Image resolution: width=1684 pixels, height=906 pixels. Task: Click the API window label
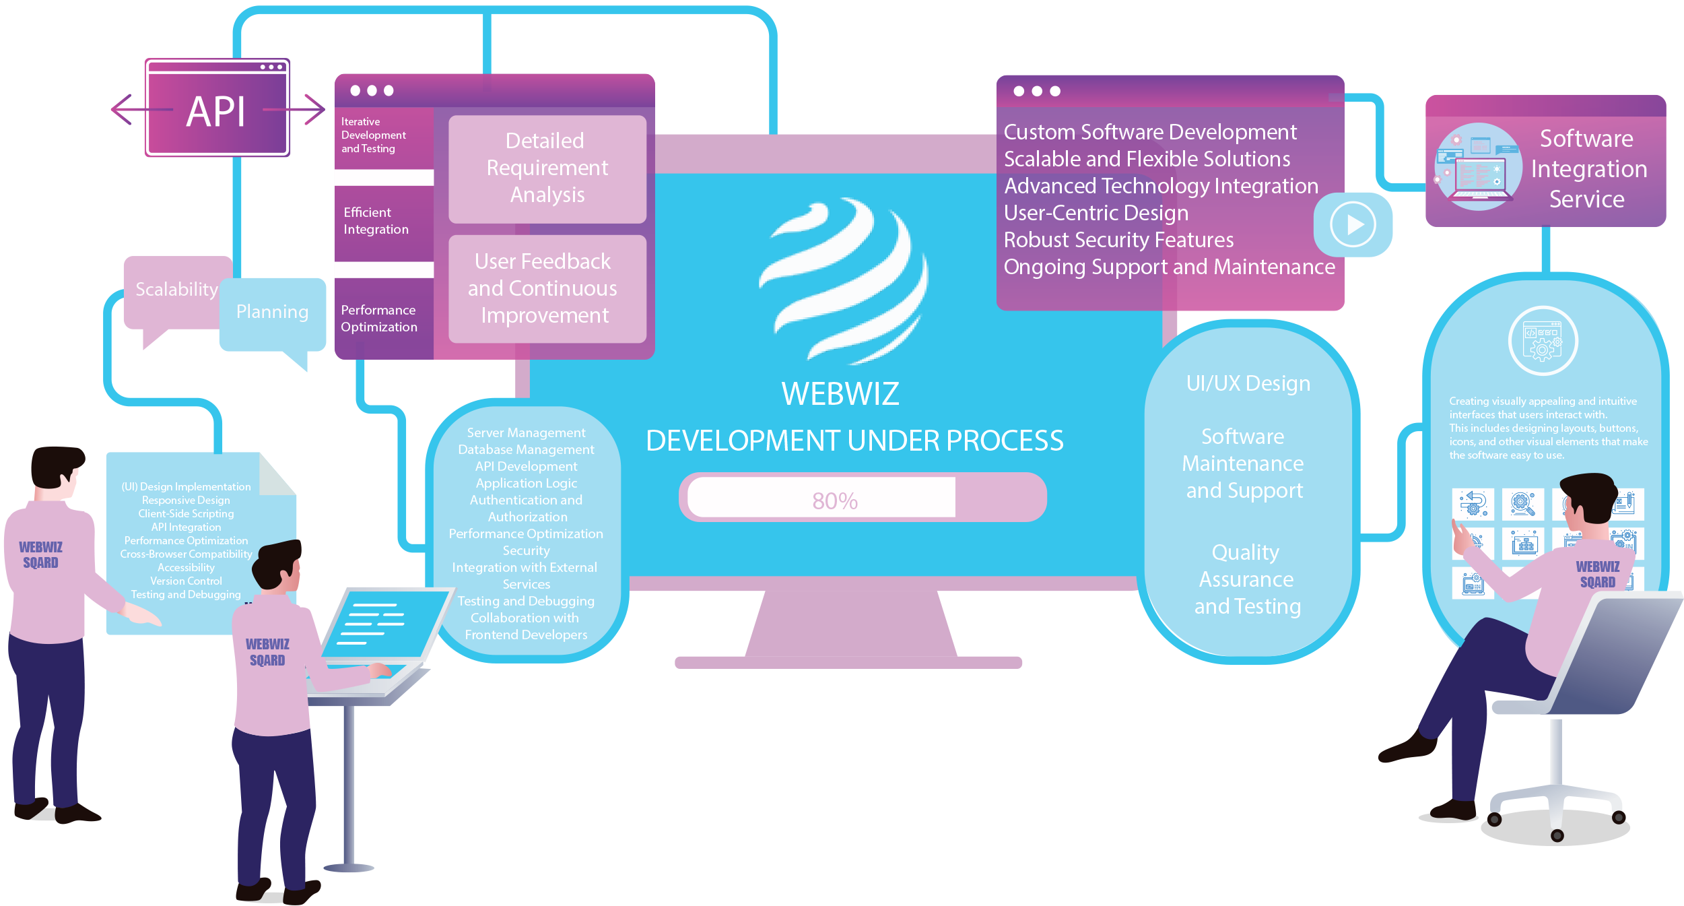pyautogui.click(x=215, y=111)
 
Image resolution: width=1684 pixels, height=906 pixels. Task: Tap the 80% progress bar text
pyautogui.click(x=834, y=500)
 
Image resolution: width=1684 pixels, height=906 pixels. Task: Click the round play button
pyautogui.click(x=1352, y=224)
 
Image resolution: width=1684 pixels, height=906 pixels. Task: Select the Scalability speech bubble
pyautogui.click(x=176, y=290)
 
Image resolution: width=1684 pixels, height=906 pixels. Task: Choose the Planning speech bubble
pyautogui.click(x=272, y=312)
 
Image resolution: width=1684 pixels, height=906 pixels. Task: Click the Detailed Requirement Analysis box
pyautogui.click(x=547, y=168)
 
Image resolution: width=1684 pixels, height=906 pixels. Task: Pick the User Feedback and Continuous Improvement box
pyautogui.click(x=544, y=288)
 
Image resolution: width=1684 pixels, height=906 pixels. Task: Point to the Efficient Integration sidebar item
pyautogui.click(x=376, y=221)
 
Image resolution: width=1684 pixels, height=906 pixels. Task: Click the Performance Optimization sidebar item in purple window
pyautogui.click(x=379, y=319)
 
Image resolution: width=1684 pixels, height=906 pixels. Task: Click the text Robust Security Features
pyautogui.click(x=1118, y=240)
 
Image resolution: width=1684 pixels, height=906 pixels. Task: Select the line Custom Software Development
pyautogui.click(x=1149, y=133)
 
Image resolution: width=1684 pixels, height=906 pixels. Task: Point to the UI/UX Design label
pyautogui.click(x=1248, y=384)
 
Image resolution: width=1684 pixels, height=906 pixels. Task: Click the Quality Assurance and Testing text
pyautogui.click(x=1246, y=579)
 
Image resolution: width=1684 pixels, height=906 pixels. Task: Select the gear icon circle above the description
pyautogui.click(x=1542, y=341)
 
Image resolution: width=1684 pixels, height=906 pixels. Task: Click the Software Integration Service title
pyautogui.click(x=1588, y=169)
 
